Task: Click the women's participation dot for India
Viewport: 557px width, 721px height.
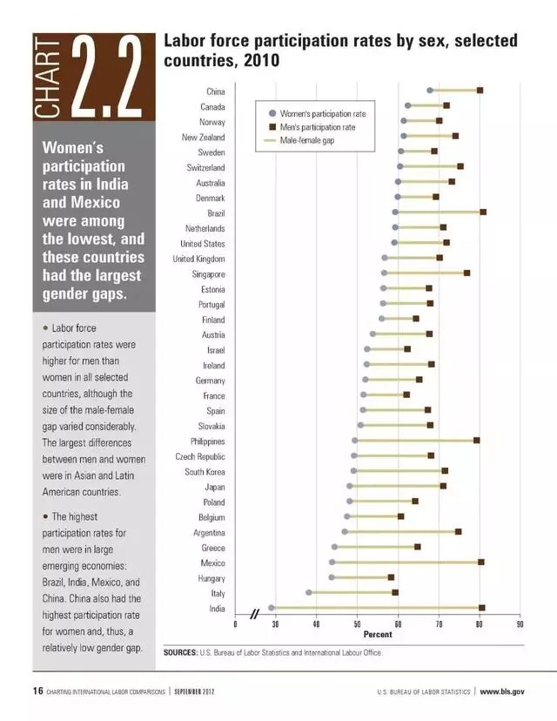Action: coord(272,608)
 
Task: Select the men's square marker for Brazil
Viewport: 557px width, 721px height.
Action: coord(483,212)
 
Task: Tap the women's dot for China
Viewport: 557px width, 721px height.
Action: coord(430,91)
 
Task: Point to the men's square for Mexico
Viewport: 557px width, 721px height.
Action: coord(481,562)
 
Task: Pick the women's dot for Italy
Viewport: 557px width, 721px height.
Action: coord(309,592)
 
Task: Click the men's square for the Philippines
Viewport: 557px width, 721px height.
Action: coord(477,441)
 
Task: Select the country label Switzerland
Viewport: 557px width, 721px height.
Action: coord(206,167)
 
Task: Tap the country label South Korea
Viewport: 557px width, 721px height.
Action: coord(205,472)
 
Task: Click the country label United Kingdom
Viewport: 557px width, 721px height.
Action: coord(199,259)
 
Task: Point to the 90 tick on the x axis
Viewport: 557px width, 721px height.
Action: coord(520,624)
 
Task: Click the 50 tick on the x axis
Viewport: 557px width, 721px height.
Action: coord(357,624)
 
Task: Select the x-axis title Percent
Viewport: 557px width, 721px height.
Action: coord(378,635)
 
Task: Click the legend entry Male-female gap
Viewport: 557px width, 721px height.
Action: coord(307,140)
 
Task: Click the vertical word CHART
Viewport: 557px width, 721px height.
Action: coord(47,77)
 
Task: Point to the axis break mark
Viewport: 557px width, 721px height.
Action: coord(255,614)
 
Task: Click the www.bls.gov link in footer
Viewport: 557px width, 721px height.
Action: coord(502,691)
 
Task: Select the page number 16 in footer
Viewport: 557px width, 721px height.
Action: coord(37,691)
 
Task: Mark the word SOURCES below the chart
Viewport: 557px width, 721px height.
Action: coord(181,652)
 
